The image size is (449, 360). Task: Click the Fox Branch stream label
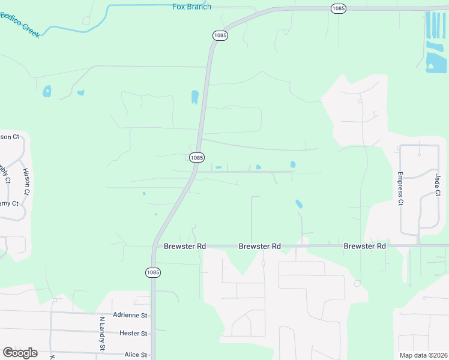[191, 7]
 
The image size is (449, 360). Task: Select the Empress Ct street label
[400, 188]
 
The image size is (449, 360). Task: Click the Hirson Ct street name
[26, 182]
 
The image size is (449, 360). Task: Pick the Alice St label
[136, 355]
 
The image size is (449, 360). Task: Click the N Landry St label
[102, 334]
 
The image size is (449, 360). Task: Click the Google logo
[20, 353]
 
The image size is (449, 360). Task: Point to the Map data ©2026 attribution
[423, 355]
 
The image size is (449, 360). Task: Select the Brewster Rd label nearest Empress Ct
[364, 246]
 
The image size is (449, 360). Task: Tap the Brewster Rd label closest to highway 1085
[185, 246]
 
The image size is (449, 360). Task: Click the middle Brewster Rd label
[260, 246]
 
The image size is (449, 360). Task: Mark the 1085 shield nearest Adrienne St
[153, 272]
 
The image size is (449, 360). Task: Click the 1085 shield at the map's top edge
[339, 8]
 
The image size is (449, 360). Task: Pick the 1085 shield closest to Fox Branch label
[220, 35]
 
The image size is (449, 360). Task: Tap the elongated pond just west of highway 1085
[194, 97]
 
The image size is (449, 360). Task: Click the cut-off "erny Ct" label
[9, 203]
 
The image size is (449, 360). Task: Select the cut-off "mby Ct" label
[5, 173]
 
